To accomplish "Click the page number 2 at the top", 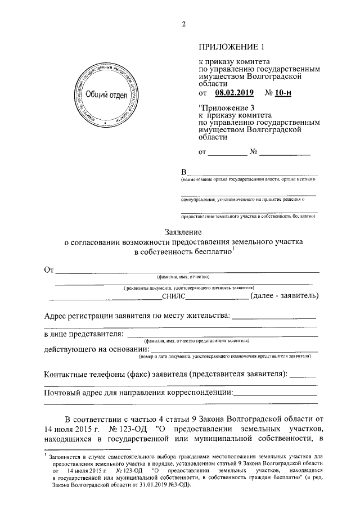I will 183,23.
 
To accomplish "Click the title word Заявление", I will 182,232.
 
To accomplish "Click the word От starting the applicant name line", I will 48,269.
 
